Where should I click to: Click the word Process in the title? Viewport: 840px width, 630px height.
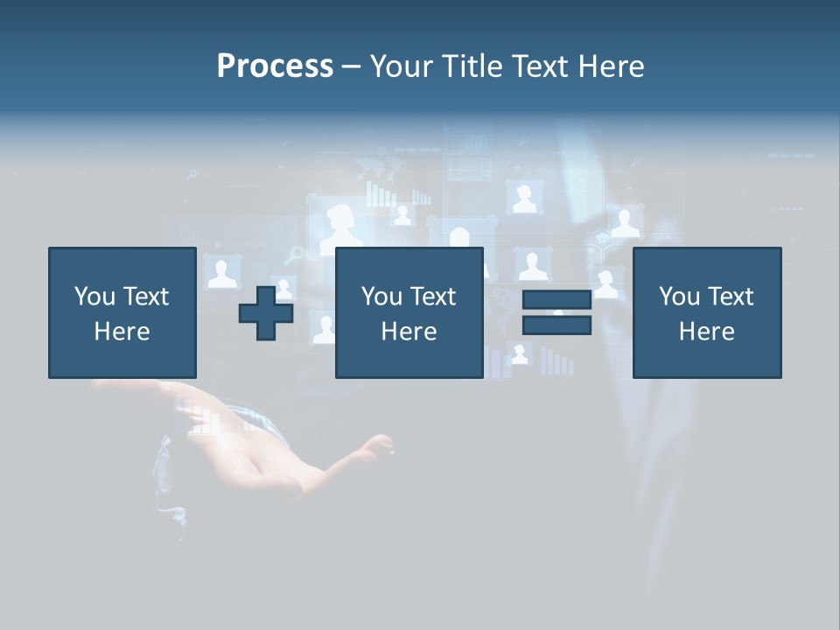tap(275, 66)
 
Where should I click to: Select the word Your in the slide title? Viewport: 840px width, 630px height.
tap(401, 66)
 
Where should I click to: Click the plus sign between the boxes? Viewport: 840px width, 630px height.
tap(266, 313)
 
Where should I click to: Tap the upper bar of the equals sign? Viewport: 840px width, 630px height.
tap(556, 299)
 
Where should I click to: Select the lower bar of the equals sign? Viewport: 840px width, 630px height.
tap(556, 325)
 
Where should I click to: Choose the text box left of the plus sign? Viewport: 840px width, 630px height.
tap(122, 312)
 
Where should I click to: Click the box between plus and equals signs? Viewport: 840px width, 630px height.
tap(409, 312)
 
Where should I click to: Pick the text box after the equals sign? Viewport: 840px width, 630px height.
tap(706, 312)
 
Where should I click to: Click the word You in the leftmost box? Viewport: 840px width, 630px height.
tap(94, 297)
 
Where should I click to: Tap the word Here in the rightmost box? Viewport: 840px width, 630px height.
tap(706, 332)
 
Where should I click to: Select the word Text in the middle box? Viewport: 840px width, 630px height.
tap(433, 297)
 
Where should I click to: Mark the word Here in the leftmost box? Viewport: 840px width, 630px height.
tap(122, 332)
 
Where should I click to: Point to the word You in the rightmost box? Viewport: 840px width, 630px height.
tap(679, 297)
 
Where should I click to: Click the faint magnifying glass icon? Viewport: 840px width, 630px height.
tap(297, 254)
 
